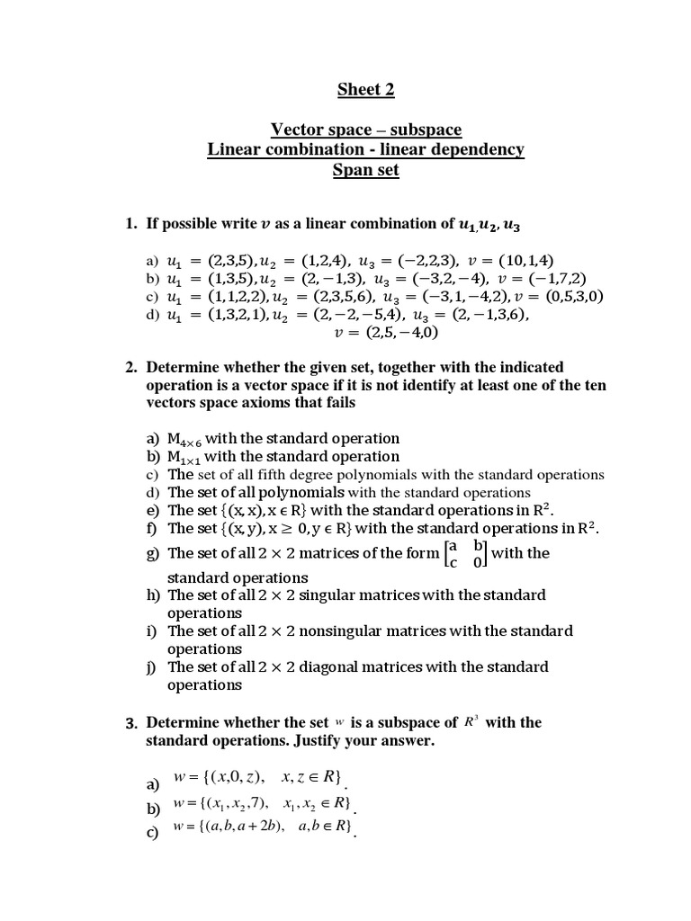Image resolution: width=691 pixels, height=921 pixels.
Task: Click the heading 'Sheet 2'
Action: (365, 89)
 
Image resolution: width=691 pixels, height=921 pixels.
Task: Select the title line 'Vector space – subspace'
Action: (365, 130)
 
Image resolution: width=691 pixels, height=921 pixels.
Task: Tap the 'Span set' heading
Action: (365, 169)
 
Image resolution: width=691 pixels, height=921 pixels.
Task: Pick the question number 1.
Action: (131, 224)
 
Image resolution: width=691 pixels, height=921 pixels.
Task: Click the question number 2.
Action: (131, 367)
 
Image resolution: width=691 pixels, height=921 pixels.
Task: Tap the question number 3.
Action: (131, 722)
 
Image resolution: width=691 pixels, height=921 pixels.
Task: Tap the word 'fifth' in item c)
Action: (263, 474)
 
